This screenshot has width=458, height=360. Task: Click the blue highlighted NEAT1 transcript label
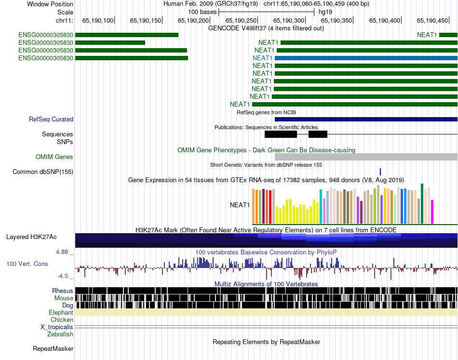tap(263, 58)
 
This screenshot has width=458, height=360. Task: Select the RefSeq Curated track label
tap(51, 119)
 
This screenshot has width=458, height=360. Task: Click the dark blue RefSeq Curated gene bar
tap(366, 119)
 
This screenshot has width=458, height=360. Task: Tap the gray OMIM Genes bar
tap(366, 157)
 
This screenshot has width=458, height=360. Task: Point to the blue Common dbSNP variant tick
tap(380, 172)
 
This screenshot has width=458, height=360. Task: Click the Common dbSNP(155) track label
tap(43, 172)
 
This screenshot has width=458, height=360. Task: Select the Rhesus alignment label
tap(63, 291)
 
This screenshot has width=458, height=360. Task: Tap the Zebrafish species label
tap(60, 334)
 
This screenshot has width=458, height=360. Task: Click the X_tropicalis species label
tap(57, 327)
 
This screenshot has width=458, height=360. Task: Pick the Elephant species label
tap(61, 312)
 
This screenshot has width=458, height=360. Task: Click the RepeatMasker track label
tap(53, 348)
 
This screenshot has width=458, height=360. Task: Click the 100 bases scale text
tap(202, 12)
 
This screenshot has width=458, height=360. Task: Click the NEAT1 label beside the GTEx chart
tap(240, 205)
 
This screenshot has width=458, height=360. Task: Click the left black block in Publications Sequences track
tap(281, 134)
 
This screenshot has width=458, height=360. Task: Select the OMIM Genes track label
tap(54, 157)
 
